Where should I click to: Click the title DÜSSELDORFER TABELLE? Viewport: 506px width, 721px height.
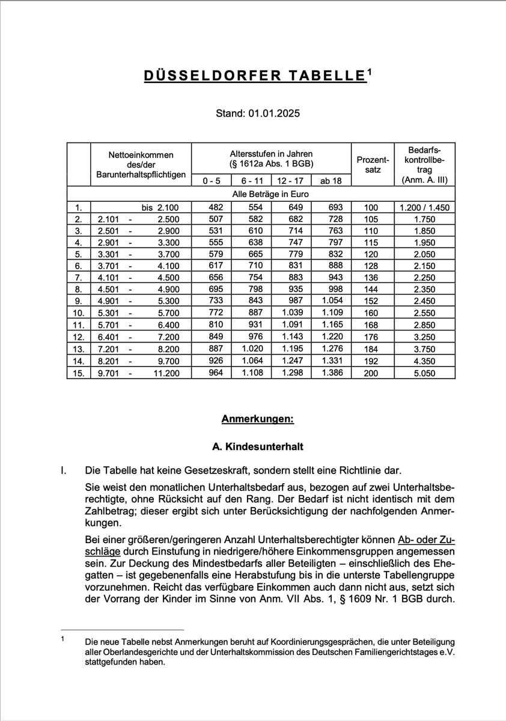coord(254,76)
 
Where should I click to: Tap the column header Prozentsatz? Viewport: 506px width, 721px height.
coord(373,164)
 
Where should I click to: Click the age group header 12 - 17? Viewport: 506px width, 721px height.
coord(291,180)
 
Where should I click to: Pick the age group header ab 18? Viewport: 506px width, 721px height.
coord(331,180)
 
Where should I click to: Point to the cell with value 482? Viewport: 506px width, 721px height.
coord(212,207)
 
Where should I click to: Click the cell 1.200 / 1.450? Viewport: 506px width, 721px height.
coord(424,207)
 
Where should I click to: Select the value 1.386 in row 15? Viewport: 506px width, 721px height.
coord(332,373)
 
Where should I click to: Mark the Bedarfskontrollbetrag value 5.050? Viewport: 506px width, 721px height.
coord(425,373)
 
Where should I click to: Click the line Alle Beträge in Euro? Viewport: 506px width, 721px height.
coord(270,195)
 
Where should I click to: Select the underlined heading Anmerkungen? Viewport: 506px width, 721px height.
coord(257,419)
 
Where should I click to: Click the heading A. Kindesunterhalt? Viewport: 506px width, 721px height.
coord(258,447)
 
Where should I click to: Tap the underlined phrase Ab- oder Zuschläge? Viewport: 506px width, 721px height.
coord(425,539)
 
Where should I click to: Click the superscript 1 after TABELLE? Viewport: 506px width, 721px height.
coord(370,72)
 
